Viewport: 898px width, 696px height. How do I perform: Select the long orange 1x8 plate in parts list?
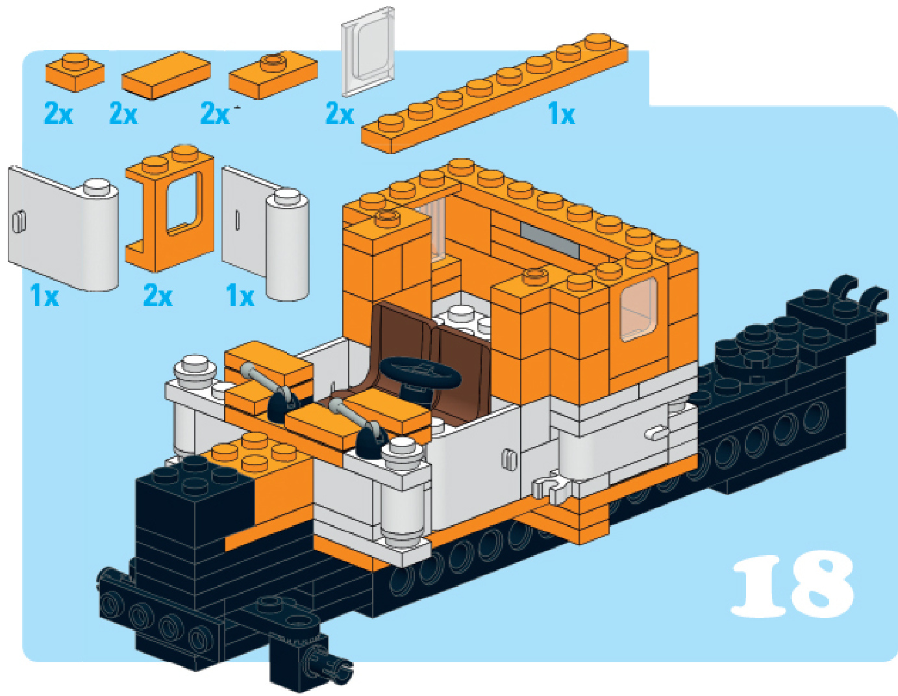pyautogui.click(x=495, y=94)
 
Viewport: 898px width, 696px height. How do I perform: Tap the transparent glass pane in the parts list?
pyautogui.click(x=368, y=51)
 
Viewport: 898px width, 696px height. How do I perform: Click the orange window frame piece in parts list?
pyautogui.click(x=169, y=209)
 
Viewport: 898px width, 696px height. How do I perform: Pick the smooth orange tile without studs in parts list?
pyautogui.click(x=166, y=76)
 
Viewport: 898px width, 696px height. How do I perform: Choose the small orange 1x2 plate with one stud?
pyautogui.click(x=75, y=72)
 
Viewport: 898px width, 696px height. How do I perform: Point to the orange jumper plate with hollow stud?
pyautogui.click(x=273, y=75)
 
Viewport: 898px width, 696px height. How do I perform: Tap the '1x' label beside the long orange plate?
pyautogui.click(x=561, y=114)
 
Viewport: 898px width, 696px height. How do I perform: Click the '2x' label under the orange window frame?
pyautogui.click(x=158, y=296)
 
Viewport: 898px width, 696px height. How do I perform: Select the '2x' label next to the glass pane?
pyautogui.click(x=340, y=114)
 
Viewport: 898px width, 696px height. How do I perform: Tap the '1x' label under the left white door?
pyautogui.click(x=44, y=296)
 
